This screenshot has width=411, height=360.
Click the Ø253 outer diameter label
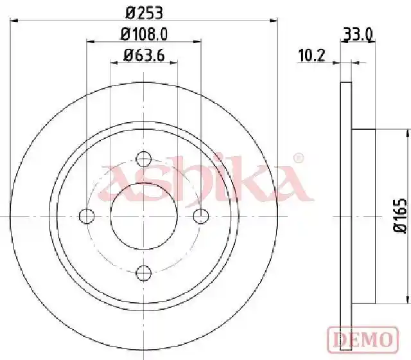click(144, 13)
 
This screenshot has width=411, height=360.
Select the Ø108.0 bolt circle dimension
click(144, 34)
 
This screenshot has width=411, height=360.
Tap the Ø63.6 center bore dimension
click(144, 55)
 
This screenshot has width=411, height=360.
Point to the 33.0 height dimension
click(358, 34)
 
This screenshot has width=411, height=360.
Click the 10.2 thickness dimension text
click(311, 55)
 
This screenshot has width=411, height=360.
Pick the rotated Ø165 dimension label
click(400, 216)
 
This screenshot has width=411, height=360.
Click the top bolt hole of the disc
click(144, 159)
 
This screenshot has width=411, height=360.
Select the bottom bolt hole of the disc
click(144, 273)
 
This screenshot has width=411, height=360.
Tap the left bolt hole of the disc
click(87, 216)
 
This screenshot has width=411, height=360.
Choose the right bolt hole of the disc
click(201, 216)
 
